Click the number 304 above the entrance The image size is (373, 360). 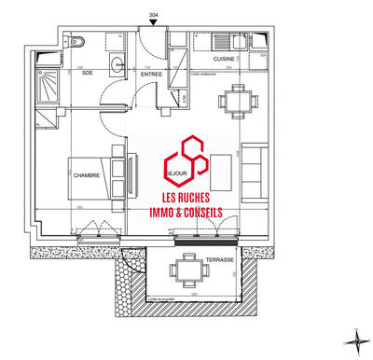pyautogui.click(x=153, y=14)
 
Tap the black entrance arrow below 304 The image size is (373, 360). pyautogui.click(x=153, y=23)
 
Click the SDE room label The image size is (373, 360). pyautogui.click(x=87, y=71)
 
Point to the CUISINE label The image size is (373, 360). pyautogui.click(x=223, y=58)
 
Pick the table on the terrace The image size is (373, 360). pyautogui.click(x=182, y=270)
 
